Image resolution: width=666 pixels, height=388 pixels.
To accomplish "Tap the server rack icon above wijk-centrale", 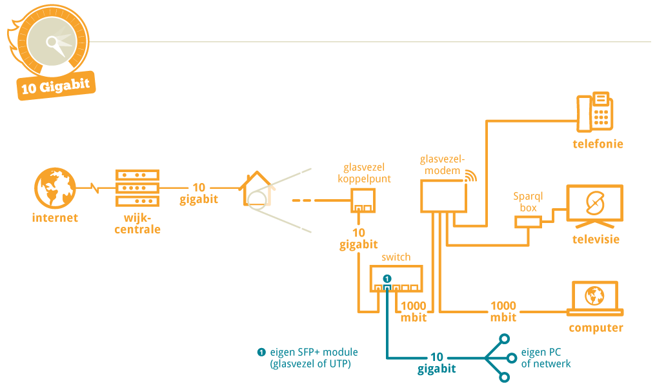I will click(x=137, y=188).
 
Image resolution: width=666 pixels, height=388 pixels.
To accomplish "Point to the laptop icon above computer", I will click(x=594, y=298).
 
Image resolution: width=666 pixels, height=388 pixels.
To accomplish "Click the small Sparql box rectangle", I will click(x=527, y=222).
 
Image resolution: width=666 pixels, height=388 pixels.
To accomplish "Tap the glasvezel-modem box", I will click(x=442, y=195).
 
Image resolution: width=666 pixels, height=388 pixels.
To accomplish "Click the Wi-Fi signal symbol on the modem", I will click(x=469, y=175).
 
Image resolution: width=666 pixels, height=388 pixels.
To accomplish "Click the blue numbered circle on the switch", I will click(x=387, y=278).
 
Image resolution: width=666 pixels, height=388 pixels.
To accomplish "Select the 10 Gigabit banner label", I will click(x=55, y=87).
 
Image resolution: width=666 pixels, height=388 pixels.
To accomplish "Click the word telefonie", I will click(x=598, y=144).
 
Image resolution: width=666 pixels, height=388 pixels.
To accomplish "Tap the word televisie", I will click(x=596, y=239).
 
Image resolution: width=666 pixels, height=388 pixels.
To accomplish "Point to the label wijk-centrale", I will click(x=137, y=223).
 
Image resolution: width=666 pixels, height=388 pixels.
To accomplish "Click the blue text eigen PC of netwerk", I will click(x=545, y=358).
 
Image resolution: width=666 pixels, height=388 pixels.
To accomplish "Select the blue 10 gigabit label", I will click(x=436, y=363).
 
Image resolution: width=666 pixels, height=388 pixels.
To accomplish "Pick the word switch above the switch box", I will click(x=396, y=257).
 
